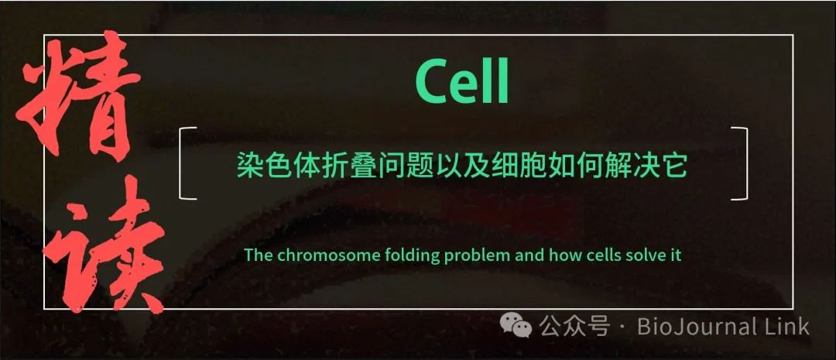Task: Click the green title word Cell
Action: (461, 83)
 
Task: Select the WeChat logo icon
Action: (516, 326)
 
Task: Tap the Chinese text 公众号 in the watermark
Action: (574, 326)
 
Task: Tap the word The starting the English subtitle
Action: (259, 255)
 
